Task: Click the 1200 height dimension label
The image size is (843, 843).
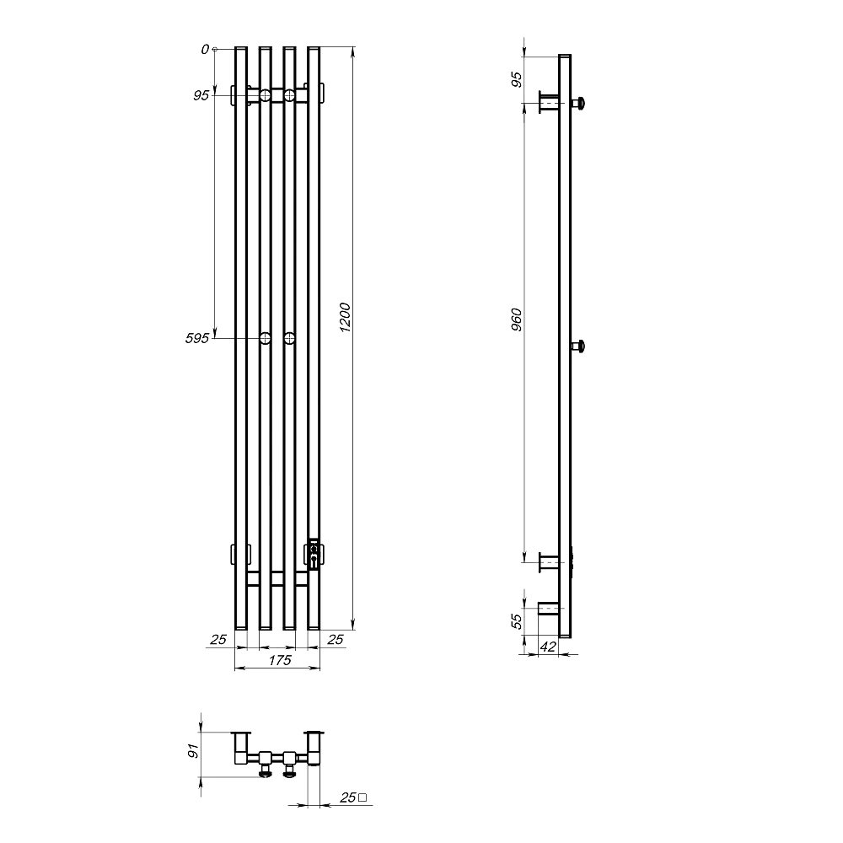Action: click(x=345, y=318)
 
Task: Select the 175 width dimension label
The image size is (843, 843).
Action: click(x=280, y=660)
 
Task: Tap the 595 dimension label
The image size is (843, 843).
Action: click(x=196, y=339)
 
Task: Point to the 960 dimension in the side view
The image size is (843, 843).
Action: click(x=517, y=319)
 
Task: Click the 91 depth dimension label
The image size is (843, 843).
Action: click(x=194, y=750)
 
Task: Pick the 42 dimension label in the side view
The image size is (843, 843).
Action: click(x=547, y=647)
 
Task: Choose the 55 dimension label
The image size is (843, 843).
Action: click(x=516, y=621)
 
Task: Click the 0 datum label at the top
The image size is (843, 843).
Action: click(x=205, y=50)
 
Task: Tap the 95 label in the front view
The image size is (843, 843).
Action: click(x=201, y=96)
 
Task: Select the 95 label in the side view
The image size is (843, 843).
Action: click(x=516, y=79)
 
